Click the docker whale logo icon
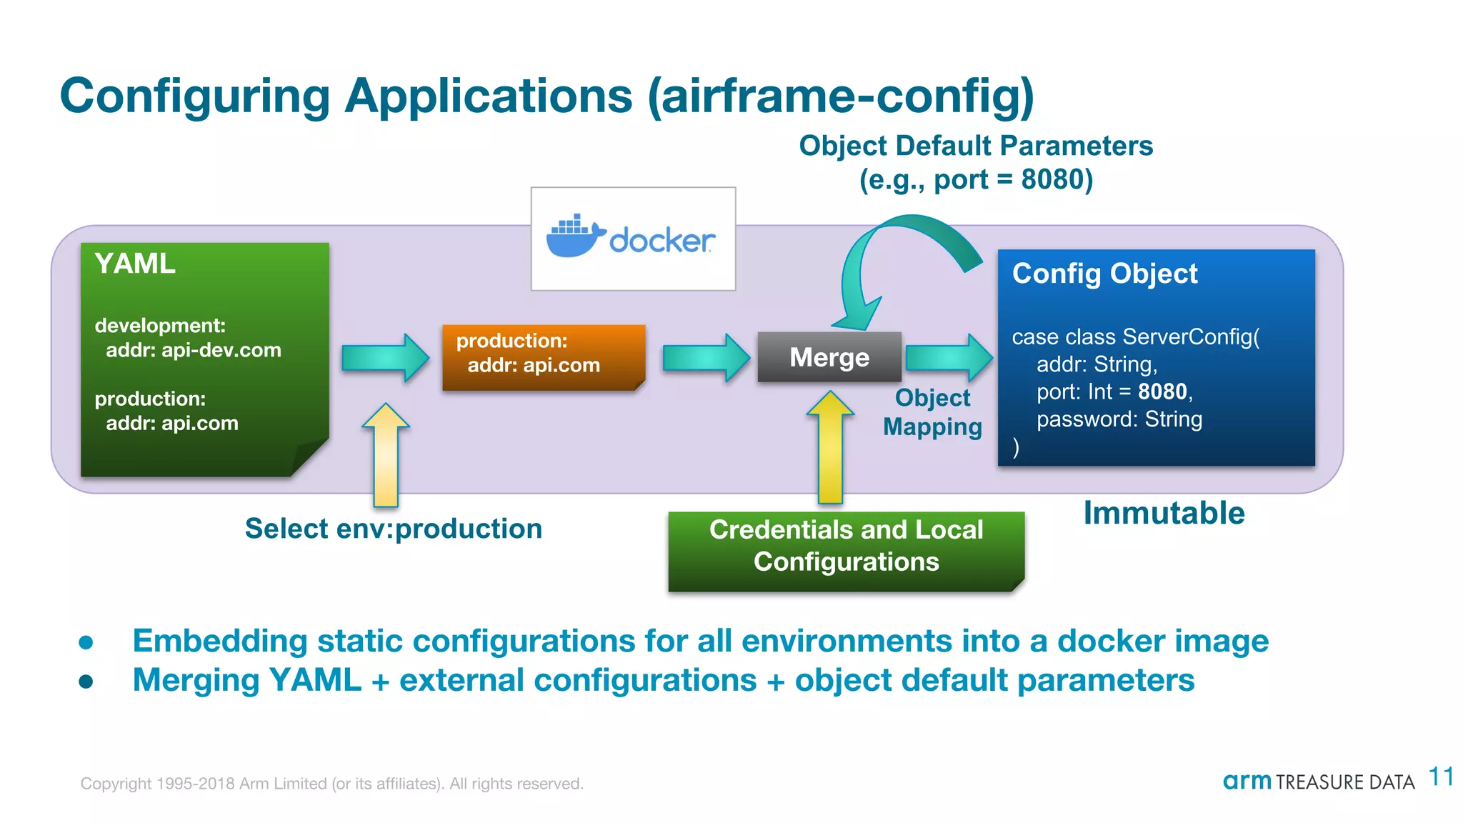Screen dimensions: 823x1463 click(574, 236)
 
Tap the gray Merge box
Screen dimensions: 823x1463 click(829, 357)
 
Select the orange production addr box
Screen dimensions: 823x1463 click(543, 356)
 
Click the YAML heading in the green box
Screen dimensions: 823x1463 click(135, 264)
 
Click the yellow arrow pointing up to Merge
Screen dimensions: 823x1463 click(830, 447)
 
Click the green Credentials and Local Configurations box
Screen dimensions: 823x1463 click(846, 551)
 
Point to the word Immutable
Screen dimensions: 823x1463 click(1164, 513)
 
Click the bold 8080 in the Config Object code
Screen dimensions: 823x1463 click(1162, 391)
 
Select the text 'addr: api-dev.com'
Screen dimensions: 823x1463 click(194, 350)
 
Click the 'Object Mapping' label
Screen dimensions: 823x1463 click(932, 412)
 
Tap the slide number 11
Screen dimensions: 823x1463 click(1441, 777)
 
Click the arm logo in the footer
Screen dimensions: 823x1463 click(1247, 781)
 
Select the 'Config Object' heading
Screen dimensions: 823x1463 click(1104, 274)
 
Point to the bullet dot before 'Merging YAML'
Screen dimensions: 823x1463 click(86, 682)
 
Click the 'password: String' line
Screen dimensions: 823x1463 click(1119, 419)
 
